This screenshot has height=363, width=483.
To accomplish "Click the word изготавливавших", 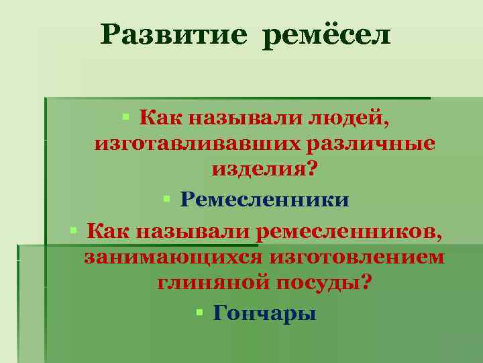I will click(x=187, y=144).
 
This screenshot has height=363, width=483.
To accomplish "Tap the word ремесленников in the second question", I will click(x=349, y=232).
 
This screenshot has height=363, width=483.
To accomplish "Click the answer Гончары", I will click(x=264, y=313).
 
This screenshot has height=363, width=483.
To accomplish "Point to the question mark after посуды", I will click(x=364, y=282).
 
